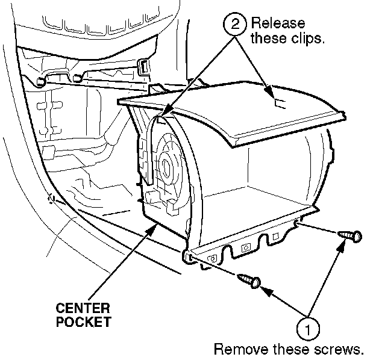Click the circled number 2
[234, 25]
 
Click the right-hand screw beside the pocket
[349, 235]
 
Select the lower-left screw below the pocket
[249, 280]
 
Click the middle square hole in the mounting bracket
[245, 247]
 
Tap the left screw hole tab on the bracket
[189, 257]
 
